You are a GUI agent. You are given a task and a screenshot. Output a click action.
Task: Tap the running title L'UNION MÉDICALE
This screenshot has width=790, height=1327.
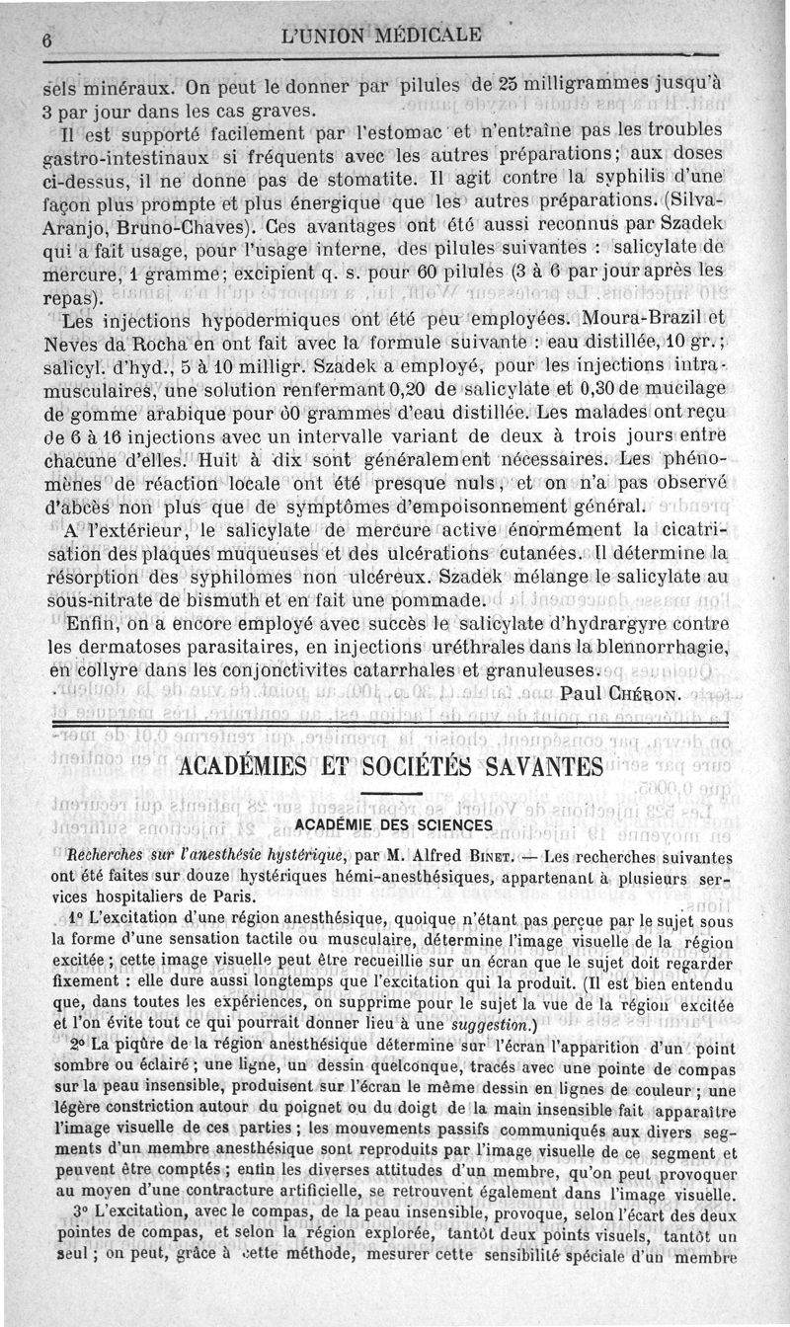coord(382,36)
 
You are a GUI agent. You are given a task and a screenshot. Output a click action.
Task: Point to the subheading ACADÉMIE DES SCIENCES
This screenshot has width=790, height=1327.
coord(394,824)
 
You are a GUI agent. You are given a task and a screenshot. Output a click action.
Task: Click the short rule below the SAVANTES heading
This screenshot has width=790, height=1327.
coord(393,795)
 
